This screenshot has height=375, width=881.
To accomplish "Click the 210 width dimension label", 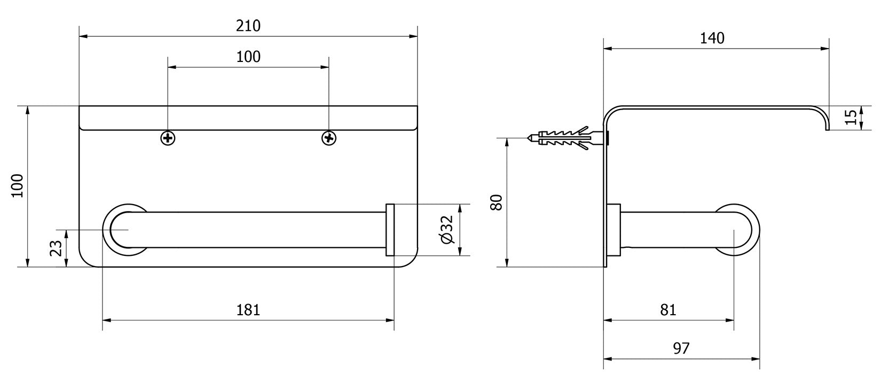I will (x=248, y=26).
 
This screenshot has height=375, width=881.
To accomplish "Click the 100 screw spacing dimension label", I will (x=248, y=57).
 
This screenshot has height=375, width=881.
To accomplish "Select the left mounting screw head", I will (x=168, y=138).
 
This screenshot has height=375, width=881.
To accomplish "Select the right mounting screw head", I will (x=329, y=138).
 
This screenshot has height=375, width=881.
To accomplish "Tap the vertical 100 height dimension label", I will (x=18, y=186).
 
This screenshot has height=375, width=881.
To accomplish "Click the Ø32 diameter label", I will (x=447, y=230).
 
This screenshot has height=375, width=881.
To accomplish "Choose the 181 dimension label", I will (x=248, y=310).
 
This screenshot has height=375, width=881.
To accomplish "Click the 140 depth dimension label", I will (x=712, y=38).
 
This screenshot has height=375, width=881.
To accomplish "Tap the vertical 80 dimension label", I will (x=497, y=202).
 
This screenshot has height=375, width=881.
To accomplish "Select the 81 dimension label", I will (x=668, y=310).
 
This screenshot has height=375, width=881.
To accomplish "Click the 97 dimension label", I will (x=681, y=349).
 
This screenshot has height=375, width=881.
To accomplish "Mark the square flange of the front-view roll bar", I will (x=390, y=230).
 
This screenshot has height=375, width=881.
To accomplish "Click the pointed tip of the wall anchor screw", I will (x=529, y=138).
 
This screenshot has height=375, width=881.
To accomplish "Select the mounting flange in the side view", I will (x=614, y=230).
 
